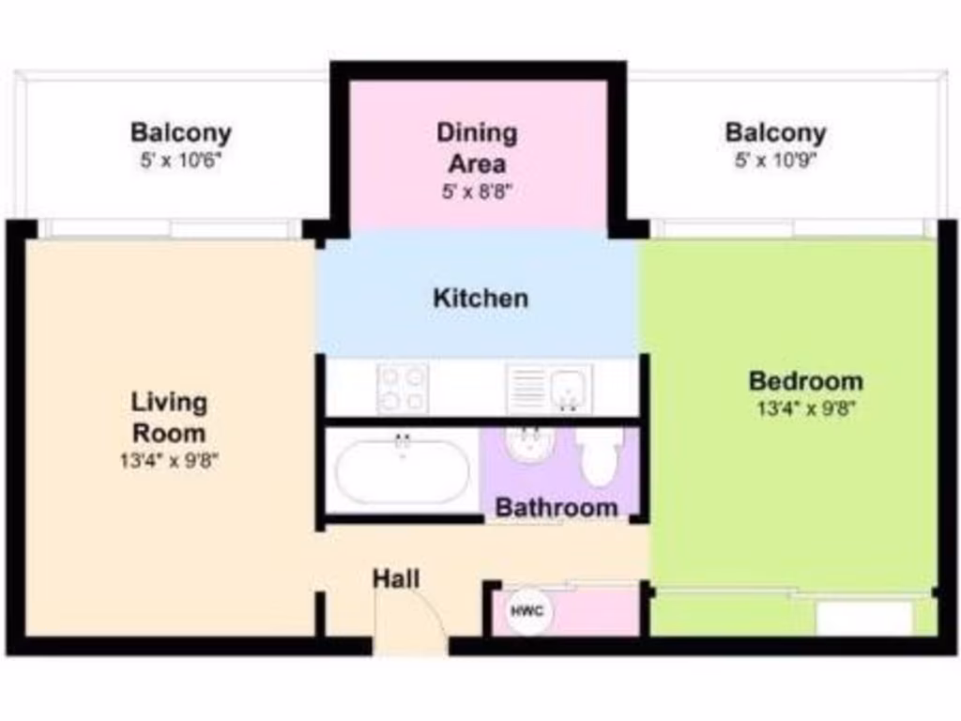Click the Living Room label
point(169,418)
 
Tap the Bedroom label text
point(805,382)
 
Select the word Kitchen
point(480,299)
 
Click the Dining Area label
point(477,147)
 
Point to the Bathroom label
point(557,508)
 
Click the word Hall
point(396,578)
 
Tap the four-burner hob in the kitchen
point(403,387)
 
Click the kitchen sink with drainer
point(550,388)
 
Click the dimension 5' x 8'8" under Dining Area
point(477,192)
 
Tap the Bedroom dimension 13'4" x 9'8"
point(805,408)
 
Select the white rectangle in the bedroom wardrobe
point(863,619)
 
